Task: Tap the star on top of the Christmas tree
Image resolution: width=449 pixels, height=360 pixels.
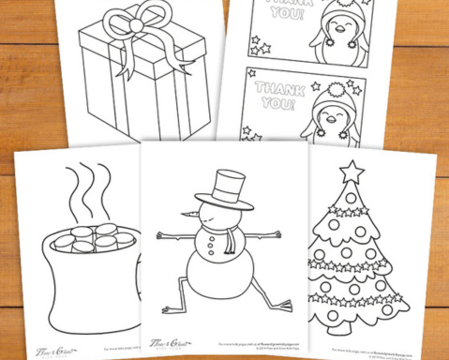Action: (352, 172)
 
